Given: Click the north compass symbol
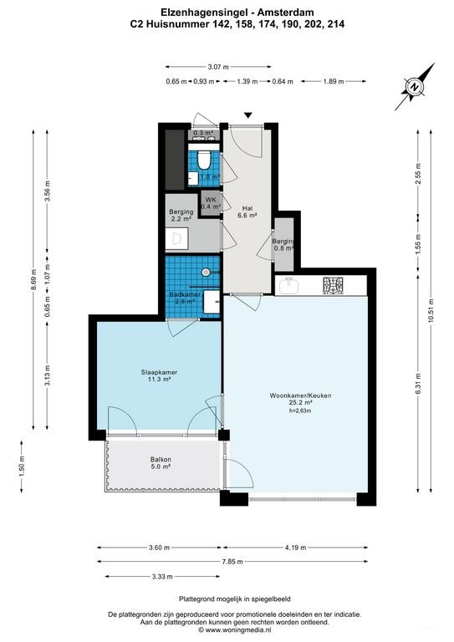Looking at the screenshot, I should pos(416,83).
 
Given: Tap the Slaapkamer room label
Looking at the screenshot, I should pos(155,374).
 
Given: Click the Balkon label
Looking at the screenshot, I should pos(161,460).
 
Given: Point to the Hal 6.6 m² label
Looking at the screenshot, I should pos(247,211).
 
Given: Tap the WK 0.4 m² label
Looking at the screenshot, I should pos(210,202).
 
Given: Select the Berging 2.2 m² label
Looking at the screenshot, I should pos(181,216).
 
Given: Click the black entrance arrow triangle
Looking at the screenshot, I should pos(247,115).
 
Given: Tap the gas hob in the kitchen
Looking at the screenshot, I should pos(334,286).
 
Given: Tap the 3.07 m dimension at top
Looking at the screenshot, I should pos(218,67).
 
